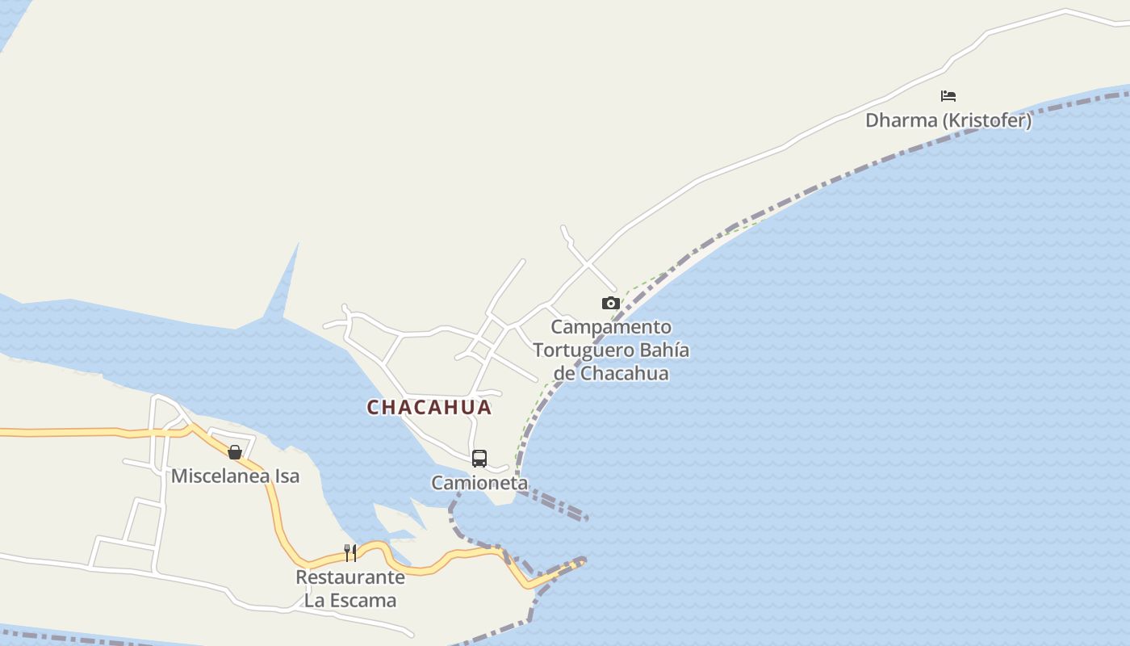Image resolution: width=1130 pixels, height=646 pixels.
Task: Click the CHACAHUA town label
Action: click(x=429, y=407)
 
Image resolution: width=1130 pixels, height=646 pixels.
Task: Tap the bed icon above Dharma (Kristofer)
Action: click(x=948, y=96)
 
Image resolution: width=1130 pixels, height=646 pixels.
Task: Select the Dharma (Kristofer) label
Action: click(x=948, y=121)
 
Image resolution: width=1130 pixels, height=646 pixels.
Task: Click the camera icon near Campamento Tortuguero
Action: click(x=611, y=304)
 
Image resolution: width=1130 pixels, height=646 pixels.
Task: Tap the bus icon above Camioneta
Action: click(x=479, y=459)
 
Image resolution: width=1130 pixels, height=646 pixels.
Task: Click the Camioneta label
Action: click(x=479, y=483)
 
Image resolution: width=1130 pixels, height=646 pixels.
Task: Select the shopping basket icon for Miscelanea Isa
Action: click(x=235, y=452)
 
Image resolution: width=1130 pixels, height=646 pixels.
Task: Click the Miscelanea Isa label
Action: click(x=235, y=476)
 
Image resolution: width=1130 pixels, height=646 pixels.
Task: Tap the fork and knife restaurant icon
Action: click(x=350, y=553)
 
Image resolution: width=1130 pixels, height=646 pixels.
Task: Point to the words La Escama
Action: click(x=350, y=600)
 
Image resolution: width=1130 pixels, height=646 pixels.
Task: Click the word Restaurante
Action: click(x=350, y=577)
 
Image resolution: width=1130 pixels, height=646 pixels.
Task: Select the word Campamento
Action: click(x=611, y=327)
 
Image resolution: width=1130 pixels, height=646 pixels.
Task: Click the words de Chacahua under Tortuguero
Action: click(x=611, y=374)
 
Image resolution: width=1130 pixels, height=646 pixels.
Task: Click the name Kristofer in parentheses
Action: click(x=988, y=121)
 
